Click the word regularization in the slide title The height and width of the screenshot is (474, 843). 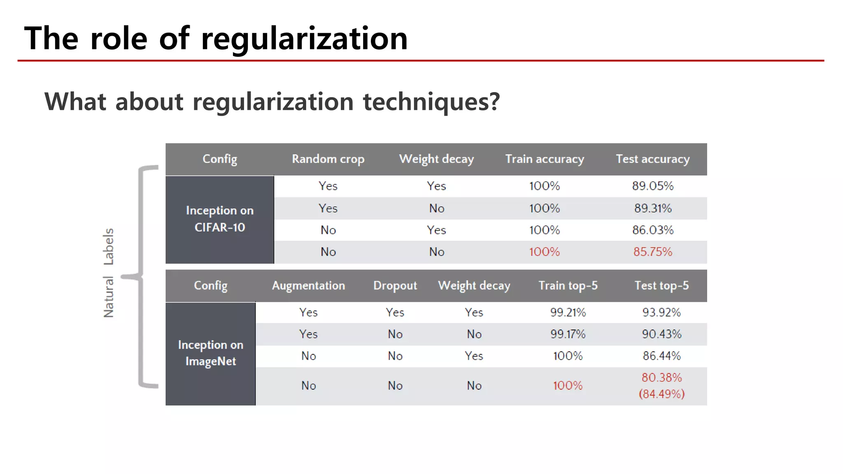tap(304, 39)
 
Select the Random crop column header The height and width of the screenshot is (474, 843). tap(328, 159)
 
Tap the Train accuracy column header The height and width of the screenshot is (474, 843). tap(545, 159)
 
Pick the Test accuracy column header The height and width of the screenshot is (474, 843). tap(652, 159)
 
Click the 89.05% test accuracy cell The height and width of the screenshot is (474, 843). tap(652, 186)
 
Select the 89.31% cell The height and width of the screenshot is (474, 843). tap(652, 208)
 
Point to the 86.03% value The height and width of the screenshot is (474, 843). tap(652, 230)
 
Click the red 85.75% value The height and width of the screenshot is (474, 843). tap(652, 252)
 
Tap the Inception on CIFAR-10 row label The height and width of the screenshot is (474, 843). tap(219, 219)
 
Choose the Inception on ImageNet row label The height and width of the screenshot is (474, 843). tap(210, 353)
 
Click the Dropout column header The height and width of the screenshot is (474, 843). tap(395, 286)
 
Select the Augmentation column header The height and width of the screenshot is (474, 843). tap(308, 286)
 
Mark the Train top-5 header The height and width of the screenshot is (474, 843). tap(568, 286)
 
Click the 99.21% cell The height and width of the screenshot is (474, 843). tap(568, 312)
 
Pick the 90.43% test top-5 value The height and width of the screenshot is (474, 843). tap(661, 334)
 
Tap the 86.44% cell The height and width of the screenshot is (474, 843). tap(661, 356)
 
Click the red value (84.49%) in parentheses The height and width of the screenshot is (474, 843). tap(661, 394)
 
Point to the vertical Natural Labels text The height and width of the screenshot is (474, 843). tap(108, 273)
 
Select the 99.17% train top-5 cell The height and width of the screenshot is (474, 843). tap(568, 334)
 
